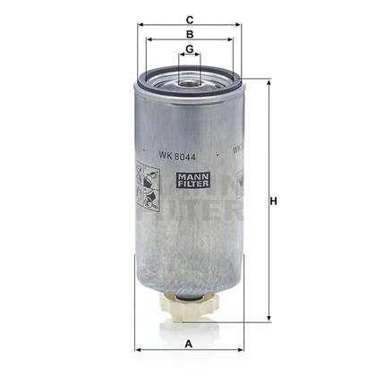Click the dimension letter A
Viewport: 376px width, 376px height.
tap(188, 342)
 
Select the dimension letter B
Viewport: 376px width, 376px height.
tap(189, 34)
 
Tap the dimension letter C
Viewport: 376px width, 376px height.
tap(189, 18)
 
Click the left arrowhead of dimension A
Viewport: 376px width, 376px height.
tap(136, 350)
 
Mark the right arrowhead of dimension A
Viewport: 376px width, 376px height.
tap(241, 350)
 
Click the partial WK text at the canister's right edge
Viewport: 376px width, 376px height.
tap(237, 151)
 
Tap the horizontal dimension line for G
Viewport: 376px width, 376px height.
tap(189, 56)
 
